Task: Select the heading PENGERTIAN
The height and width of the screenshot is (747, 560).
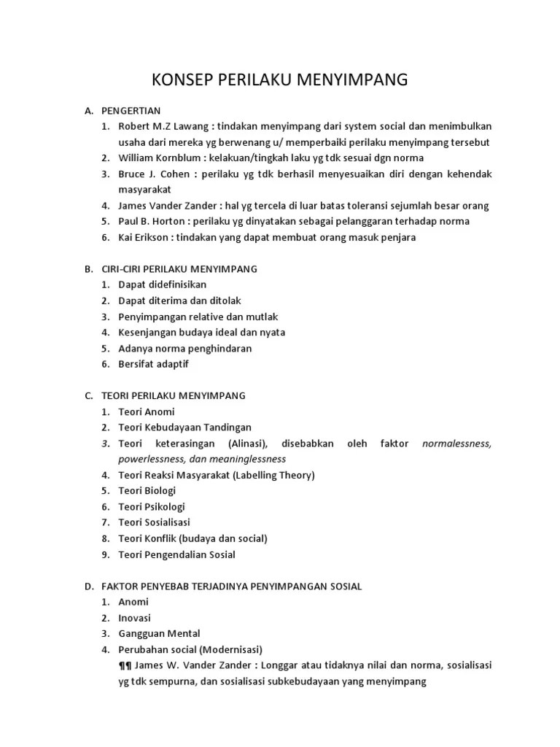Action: click(x=130, y=110)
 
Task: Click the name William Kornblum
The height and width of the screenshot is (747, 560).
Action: click(x=159, y=158)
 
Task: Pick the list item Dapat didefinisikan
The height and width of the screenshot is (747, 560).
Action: click(x=163, y=285)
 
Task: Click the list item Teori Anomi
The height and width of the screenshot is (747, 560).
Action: click(x=147, y=411)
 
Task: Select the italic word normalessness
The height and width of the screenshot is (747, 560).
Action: click(x=457, y=444)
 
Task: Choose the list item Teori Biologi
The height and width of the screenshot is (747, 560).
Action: click(x=147, y=491)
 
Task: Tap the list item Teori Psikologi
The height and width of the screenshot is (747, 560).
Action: click(x=152, y=506)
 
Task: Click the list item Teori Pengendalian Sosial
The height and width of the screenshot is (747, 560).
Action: click(x=177, y=554)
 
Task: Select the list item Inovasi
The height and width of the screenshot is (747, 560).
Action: click(x=134, y=617)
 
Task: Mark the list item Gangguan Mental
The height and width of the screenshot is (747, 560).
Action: click(x=159, y=633)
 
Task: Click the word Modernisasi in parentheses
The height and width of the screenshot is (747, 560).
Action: click(x=229, y=649)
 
